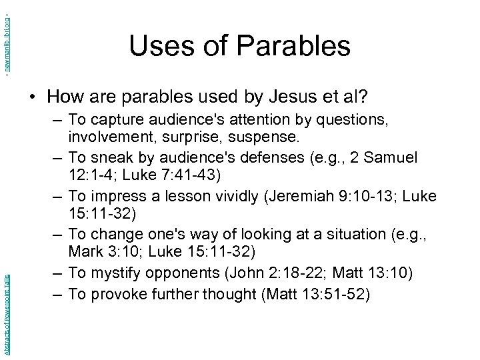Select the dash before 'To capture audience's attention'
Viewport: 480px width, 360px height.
(57, 120)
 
